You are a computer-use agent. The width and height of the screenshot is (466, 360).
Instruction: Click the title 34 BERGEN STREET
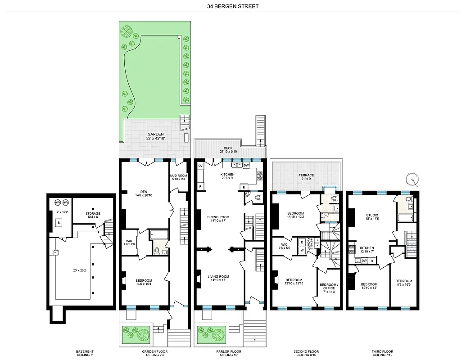pyautogui.click(x=233, y=6)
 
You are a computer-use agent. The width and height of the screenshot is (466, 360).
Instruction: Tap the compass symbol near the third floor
pyautogui.click(x=412, y=179)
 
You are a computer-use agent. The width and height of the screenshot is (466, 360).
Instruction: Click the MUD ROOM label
pyautogui.click(x=178, y=176)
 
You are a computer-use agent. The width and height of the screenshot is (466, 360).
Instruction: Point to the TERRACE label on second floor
pyautogui.click(x=306, y=175)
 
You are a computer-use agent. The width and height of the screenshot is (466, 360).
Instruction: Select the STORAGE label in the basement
pyautogui.click(x=93, y=214)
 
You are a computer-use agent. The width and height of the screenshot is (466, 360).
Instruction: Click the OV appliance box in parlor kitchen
pyautogui.click(x=200, y=166)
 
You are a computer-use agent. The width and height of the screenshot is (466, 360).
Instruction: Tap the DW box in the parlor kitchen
pyautogui.click(x=246, y=165)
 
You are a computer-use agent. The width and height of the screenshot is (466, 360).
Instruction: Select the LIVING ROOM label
pyautogui.click(x=218, y=277)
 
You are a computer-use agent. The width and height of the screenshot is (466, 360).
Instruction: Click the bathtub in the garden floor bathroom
pyautogui.click(x=158, y=234)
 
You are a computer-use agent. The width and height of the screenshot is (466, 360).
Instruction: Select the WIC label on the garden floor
pyautogui.click(x=128, y=243)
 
